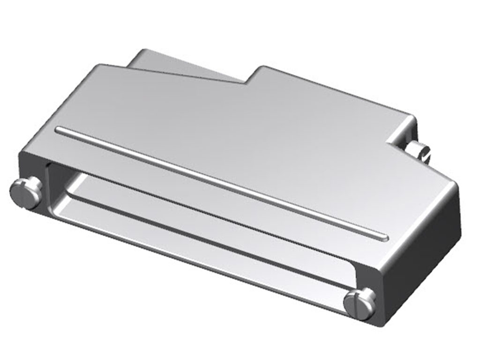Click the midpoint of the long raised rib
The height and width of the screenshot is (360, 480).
(220, 183)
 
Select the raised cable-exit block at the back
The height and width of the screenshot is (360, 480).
(187, 66)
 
